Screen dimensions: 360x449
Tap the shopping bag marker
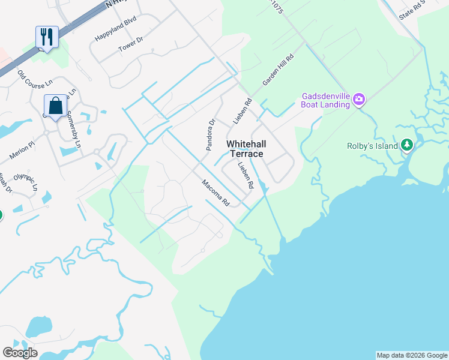[x=55, y=106]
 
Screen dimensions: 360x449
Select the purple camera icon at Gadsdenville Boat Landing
[x=359, y=99]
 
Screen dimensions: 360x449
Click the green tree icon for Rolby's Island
[x=407, y=145]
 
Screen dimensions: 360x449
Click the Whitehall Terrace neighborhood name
[x=247, y=149]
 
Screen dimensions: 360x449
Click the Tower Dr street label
[x=131, y=44]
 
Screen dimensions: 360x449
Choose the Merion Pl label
[x=22, y=151]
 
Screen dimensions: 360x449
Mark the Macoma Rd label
[x=216, y=193]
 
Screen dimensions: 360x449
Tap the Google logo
[x=20, y=353]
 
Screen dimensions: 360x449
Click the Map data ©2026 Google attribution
[x=412, y=355]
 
